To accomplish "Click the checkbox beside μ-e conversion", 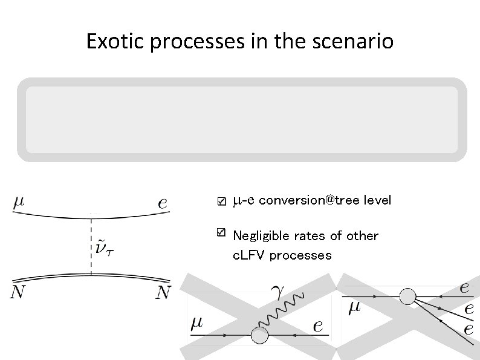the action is click(x=221, y=201).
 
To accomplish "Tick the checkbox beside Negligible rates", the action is click(x=221, y=232).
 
